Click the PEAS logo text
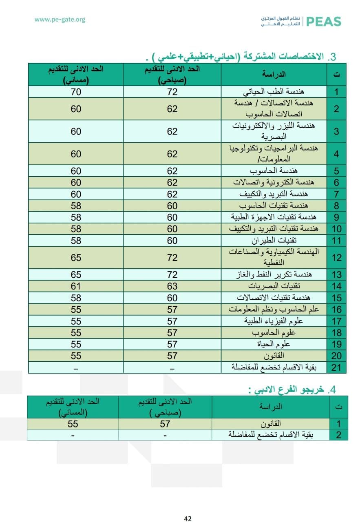[x=323, y=22]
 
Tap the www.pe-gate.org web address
[x=60, y=19]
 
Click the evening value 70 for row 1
[x=76, y=92]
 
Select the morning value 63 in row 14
[x=172, y=286]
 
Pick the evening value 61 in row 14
[x=76, y=286]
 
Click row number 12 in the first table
[x=336, y=258]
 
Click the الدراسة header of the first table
[x=274, y=74]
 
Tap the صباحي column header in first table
[x=172, y=74]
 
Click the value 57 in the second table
[x=165, y=424]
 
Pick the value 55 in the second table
[x=73, y=424]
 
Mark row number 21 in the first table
[x=336, y=367]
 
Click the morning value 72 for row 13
[x=172, y=274]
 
